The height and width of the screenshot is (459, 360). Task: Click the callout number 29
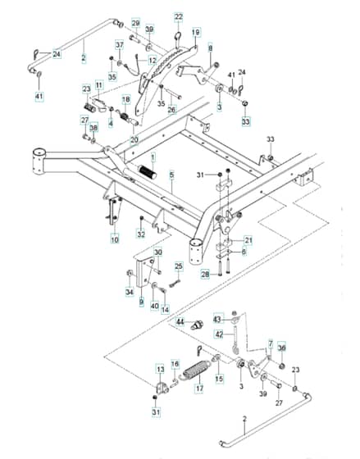(135, 23)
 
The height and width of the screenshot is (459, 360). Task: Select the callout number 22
(179, 16)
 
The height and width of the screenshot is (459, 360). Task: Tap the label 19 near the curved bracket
(196, 32)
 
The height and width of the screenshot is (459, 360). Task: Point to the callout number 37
(120, 45)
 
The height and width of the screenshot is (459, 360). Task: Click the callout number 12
(153, 61)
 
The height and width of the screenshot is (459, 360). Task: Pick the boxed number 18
(126, 99)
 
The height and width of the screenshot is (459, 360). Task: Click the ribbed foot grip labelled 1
(148, 172)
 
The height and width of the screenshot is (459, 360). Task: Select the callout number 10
(115, 239)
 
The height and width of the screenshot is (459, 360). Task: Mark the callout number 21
(248, 241)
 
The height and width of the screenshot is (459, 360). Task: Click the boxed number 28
(205, 275)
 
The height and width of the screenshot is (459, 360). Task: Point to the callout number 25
(179, 266)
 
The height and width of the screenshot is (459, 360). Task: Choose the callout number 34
(130, 292)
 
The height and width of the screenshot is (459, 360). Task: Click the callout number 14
(165, 310)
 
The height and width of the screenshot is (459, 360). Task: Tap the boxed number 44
(180, 322)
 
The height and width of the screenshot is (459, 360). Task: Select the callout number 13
(161, 370)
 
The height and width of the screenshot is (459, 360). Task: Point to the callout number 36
(281, 348)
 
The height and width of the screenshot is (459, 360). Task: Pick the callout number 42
(219, 334)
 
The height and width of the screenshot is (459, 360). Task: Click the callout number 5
(171, 175)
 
